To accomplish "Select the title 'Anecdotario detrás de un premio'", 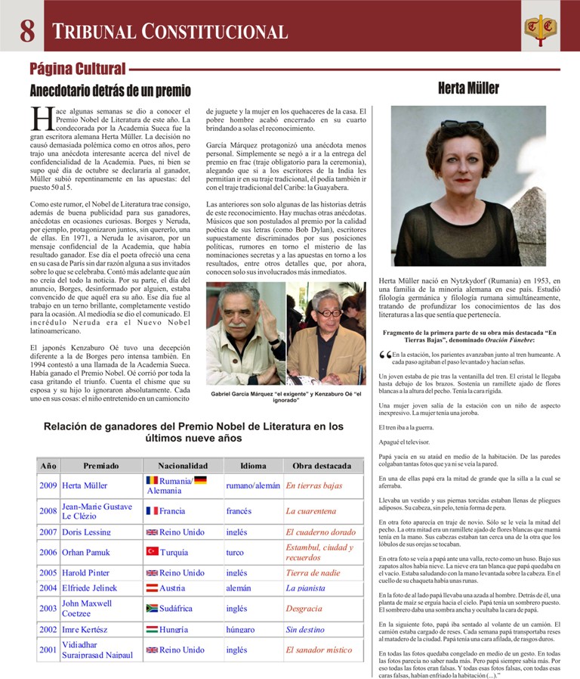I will [110, 91].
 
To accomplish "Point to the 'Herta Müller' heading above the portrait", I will [468, 88].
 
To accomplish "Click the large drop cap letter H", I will [41, 119].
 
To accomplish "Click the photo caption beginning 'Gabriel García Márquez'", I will [286, 397].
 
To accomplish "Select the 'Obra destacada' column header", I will [322, 466].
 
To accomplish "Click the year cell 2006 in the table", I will [48, 553].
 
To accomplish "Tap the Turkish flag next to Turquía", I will [152, 552].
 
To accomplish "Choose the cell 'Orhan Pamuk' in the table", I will [85, 553].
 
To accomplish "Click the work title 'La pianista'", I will [305, 588].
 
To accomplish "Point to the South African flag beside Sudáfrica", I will [152, 608].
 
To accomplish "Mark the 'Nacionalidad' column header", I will [183, 466].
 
